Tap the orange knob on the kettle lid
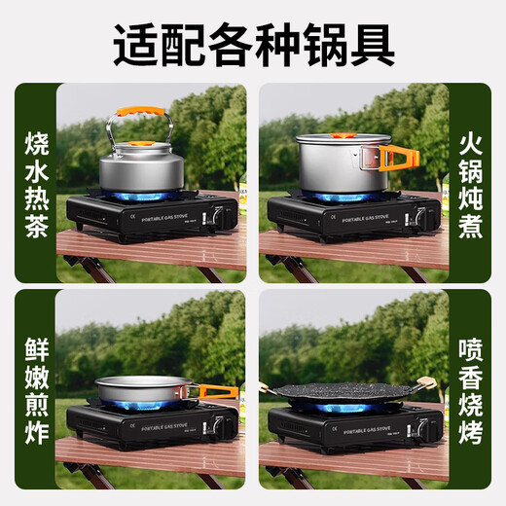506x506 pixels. (142, 149)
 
